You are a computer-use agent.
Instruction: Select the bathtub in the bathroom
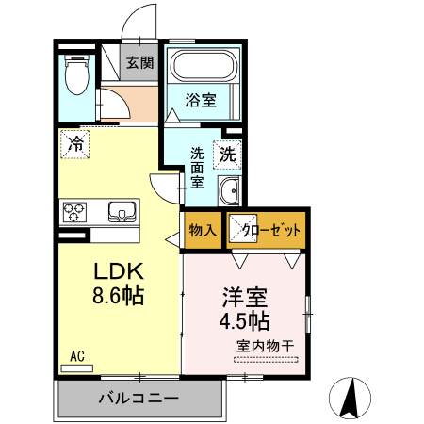click(x=202, y=67)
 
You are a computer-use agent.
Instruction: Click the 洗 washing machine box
click(x=229, y=152)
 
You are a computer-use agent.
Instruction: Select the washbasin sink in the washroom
click(x=228, y=194)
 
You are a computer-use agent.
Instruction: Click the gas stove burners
click(x=75, y=211)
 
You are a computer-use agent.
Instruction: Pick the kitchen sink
click(x=122, y=209)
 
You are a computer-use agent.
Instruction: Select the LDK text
click(x=116, y=271)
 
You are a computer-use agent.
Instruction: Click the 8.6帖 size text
click(x=117, y=296)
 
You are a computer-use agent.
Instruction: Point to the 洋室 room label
click(x=243, y=297)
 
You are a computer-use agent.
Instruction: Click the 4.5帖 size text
click(x=244, y=320)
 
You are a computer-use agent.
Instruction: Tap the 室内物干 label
click(x=265, y=345)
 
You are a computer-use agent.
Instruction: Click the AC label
click(x=77, y=355)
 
